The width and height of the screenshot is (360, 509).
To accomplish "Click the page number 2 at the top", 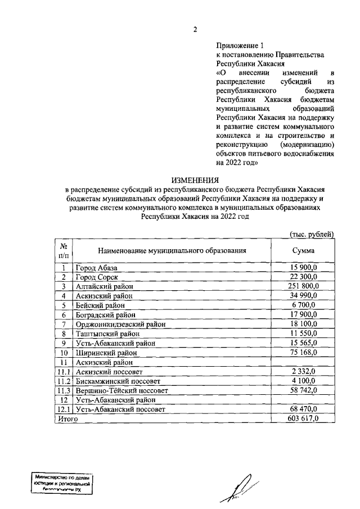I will pos(195,30).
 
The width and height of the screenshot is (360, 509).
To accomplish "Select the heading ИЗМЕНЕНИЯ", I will pos(195,181).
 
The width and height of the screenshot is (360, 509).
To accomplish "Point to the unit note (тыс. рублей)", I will pos(311,233).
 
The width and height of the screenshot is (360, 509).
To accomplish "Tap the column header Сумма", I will pos(303,251).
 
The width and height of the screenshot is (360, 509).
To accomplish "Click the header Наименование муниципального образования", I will pos(172,251).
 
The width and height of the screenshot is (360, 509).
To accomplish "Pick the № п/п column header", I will pos(64,251).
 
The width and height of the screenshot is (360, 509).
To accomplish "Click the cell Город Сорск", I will pos(96,277).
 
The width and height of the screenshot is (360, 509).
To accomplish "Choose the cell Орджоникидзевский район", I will pos(117,325).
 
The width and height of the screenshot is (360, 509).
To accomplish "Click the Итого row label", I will pos(66,419).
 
